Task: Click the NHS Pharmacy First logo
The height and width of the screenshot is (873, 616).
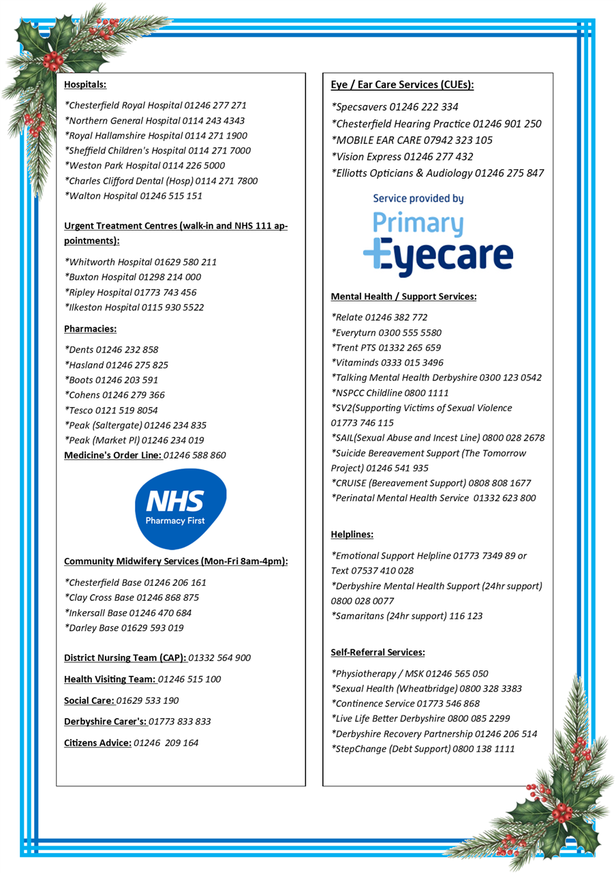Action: (x=180, y=508)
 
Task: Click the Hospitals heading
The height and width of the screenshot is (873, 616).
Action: (x=85, y=85)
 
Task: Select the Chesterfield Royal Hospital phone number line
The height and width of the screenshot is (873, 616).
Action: (x=155, y=106)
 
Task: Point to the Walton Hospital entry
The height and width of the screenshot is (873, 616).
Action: (x=133, y=196)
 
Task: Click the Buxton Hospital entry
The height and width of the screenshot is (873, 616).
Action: (x=133, y=277)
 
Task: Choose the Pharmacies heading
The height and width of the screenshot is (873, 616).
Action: (x=90, y=329)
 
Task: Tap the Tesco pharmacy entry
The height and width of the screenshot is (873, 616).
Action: (x=111, y=410)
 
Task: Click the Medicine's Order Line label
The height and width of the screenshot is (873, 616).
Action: (x=112, y=455)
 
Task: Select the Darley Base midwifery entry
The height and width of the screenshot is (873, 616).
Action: (x=123, y=627)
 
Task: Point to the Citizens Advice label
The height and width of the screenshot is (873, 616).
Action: (x=97, y=743)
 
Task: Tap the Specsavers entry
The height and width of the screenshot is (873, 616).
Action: (x=395, y=107)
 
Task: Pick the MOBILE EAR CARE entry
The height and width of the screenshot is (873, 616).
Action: (x=412, y=140)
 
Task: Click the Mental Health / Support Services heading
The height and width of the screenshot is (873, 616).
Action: (x=403, y=297)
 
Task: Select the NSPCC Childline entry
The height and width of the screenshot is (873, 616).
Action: (x=390, y=393)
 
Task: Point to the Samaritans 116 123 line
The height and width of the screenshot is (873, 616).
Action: (x=407, y=616)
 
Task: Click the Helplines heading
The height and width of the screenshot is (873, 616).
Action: (x=352, y=534)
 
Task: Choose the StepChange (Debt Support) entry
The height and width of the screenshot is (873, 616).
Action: (x=422, y=749)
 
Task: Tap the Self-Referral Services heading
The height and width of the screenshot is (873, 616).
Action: (x=378, y=653)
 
